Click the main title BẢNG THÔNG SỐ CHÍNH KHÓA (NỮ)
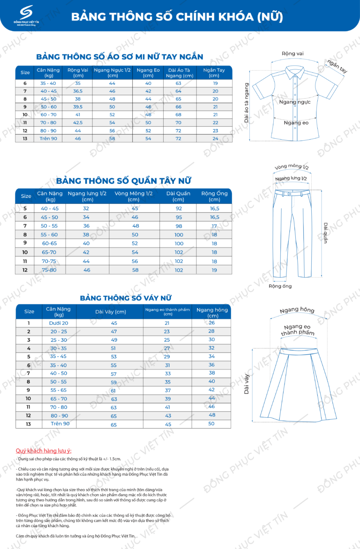(177, 17)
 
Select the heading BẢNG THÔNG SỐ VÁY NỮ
(126, 298)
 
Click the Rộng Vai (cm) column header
(78, 73)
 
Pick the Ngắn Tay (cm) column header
(214, 73)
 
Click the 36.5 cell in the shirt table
(78, 91)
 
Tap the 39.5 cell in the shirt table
(78, 107)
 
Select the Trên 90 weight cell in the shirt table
(48, 138)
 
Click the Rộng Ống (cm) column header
(214, 196)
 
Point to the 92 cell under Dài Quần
(179, 209)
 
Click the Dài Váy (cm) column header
(111, 312)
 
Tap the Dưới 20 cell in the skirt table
(59, 323)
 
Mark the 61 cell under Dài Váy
(114, 391)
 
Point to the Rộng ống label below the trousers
(280, 286)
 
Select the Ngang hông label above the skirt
(297, 310)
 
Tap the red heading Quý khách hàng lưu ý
(44, 451)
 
